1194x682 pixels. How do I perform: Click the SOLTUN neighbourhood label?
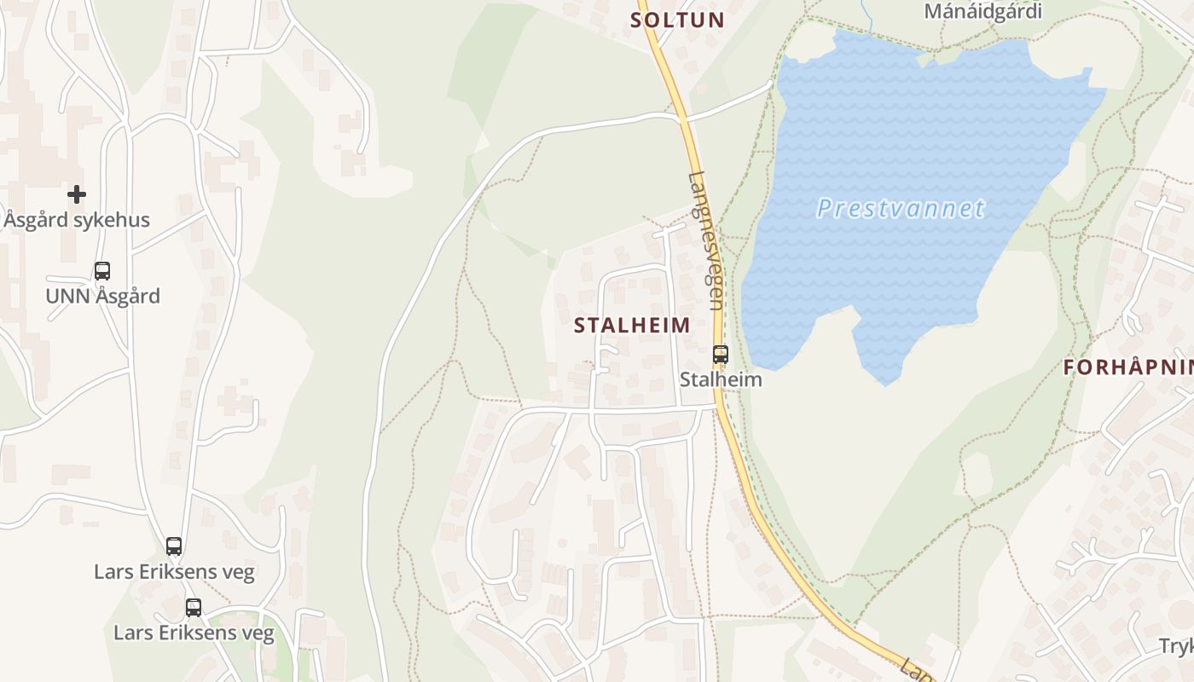click(677, 20)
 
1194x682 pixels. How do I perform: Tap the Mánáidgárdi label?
click(982, 12)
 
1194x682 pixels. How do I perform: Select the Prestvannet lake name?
click(901, 209)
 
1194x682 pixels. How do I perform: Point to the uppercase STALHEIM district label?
click(632, 326)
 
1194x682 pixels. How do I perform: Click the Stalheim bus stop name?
click(721, 379)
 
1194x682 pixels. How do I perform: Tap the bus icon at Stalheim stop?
click(721, 354)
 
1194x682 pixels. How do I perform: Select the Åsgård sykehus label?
click(77, 220)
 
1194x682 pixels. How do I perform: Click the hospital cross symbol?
click(77, 194)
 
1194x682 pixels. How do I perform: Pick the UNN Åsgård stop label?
click(102, 297)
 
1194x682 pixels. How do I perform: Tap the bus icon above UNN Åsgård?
click(102, 271)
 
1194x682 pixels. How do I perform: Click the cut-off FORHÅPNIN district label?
click(1127, 367)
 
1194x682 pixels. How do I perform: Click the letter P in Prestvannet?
click(824, 209)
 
